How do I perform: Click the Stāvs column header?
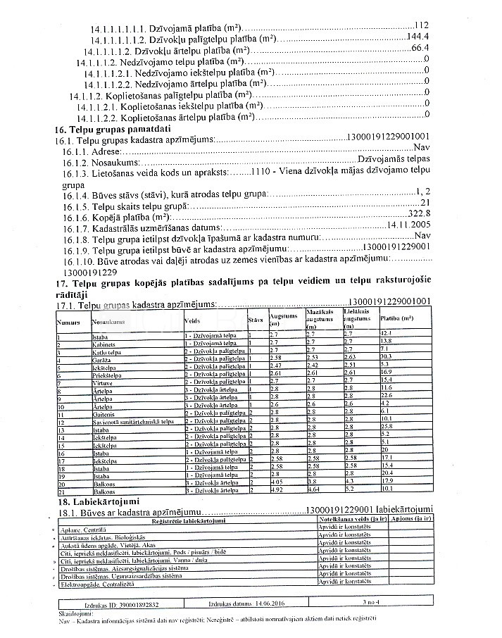pyautogui.click(x=256, y=320)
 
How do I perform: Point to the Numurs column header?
pyautogui.click(x=68, y=320)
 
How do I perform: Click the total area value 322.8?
pyautogui.click(x=418, y=214)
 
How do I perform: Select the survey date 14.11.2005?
pyautogui.click(x=408, y=225)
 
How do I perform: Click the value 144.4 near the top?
pyautogui.click(x=418, y=37)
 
